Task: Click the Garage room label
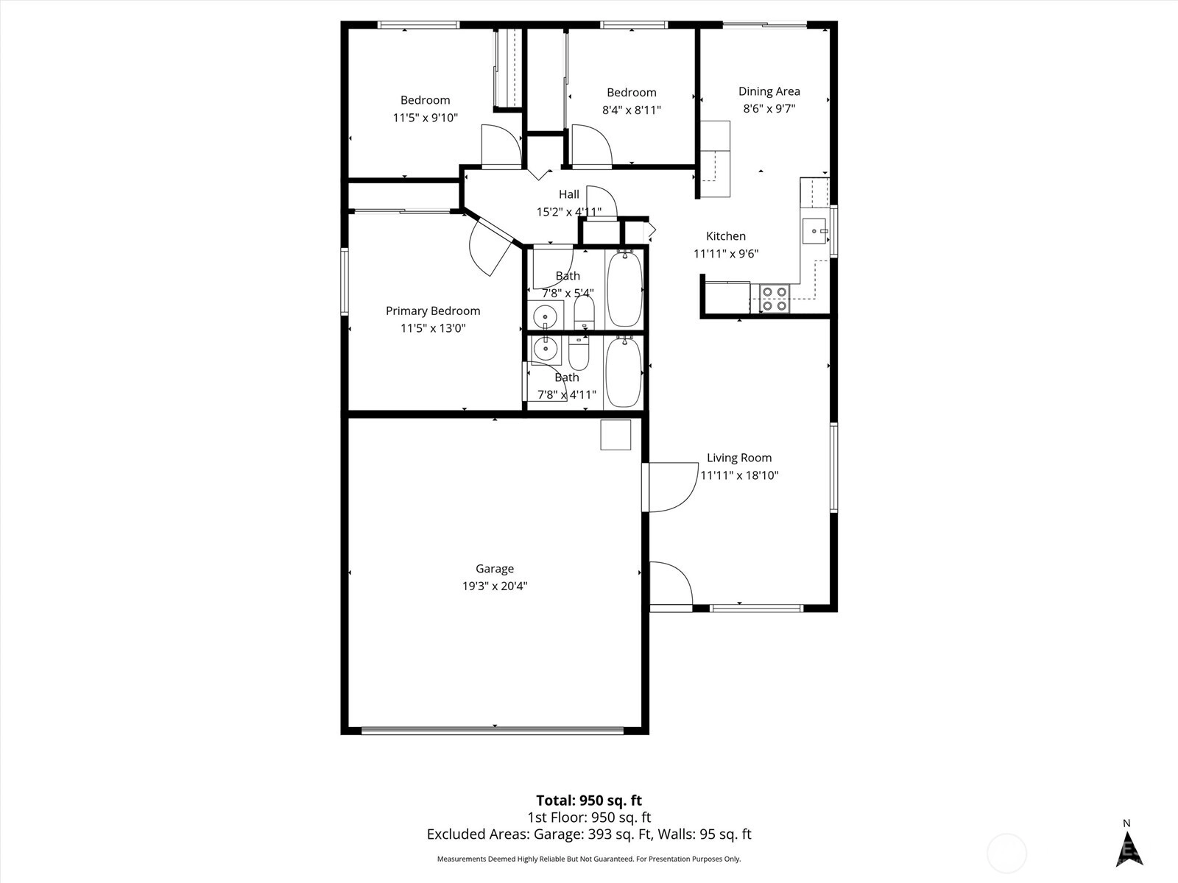click(x=494, y=569)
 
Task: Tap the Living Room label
click(x=739, y=458)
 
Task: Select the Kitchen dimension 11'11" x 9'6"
click(x=726, y=254)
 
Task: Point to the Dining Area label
click(x=769, y=92)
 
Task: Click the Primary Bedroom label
click(x=433, y=311)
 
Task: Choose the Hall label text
click(x=569, y=194)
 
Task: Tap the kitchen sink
click(x=814, y=231)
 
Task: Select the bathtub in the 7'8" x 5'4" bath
click(x=624, y=288)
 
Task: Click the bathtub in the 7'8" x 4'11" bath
click(x=623, y=371)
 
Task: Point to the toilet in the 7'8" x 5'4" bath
click(x=584, y=312)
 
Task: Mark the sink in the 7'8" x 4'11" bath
click(x=546, y=350)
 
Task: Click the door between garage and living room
click(x=670, y=487)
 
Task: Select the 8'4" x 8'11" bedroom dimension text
click(x=631, y=110)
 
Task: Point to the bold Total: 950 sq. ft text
click(x=589, y=801)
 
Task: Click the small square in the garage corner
click(x=616, y=435)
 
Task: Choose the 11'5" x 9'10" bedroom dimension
click(x=425, y=118)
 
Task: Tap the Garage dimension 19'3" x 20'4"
click(x=495, y=586)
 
